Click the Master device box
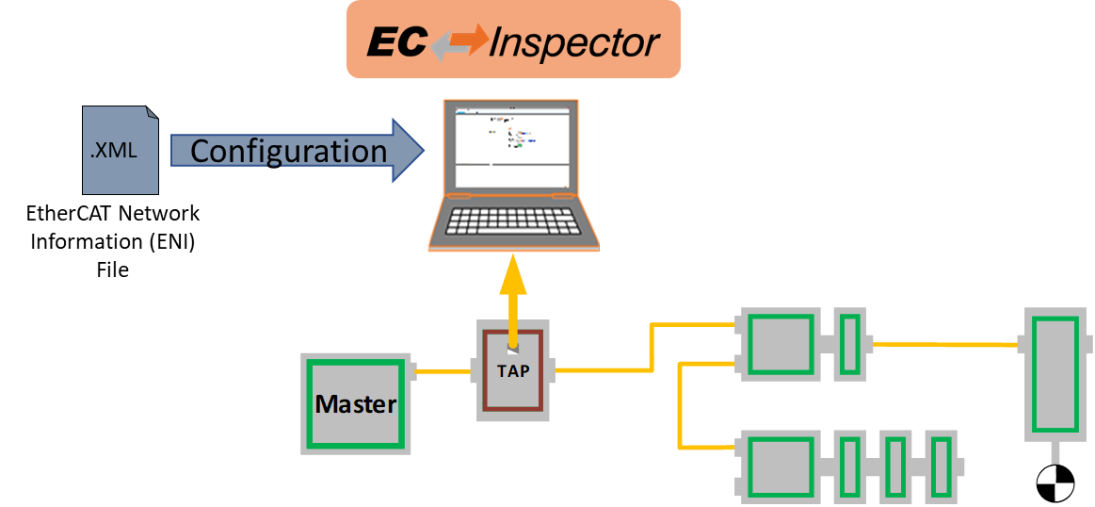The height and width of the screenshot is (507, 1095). pos(356,404)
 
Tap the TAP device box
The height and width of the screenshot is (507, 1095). pos(512,370)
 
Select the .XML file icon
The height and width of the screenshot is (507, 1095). pos(120,151)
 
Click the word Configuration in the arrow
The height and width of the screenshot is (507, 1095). pos(288,151)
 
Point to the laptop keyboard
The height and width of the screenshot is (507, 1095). pos(513,222)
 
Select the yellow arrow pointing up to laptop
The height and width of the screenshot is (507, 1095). pos(512,292)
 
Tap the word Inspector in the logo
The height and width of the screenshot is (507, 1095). pos(574,42)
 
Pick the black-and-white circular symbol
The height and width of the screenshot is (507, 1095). pos(1055,482)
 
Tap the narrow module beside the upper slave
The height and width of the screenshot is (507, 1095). pos(849,344)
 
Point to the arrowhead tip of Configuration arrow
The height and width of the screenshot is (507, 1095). pos(423,151)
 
